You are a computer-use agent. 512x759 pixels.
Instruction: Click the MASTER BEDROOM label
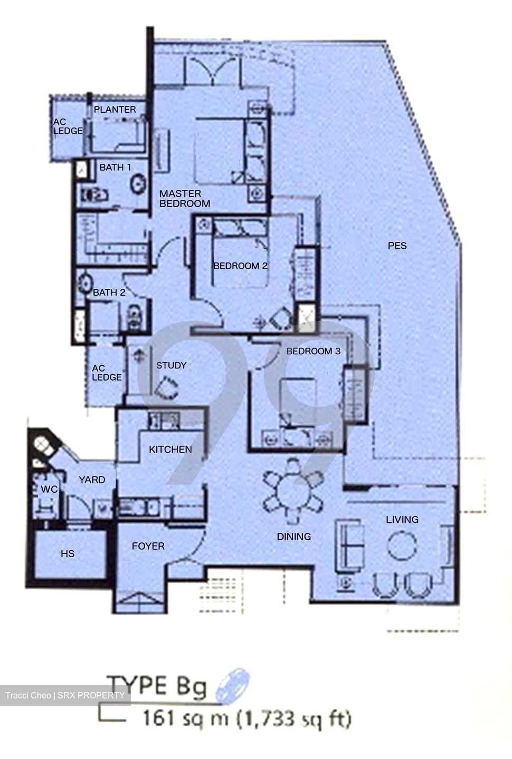[185, 199]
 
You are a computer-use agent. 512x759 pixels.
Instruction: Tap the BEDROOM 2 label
[240, 266]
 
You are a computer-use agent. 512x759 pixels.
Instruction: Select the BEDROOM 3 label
[313, 351]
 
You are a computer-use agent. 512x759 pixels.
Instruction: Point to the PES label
[397, 246]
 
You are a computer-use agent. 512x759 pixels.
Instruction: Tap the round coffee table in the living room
[402, 545]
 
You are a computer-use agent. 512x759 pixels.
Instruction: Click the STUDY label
[172, 365]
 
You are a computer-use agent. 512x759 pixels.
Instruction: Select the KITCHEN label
[170, 449]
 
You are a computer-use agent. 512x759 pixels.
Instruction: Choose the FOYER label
[148, 546]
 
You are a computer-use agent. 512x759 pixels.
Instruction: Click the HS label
[67, 553]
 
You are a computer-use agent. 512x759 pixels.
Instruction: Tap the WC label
[49, 489]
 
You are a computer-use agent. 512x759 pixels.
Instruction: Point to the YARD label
[92, 480]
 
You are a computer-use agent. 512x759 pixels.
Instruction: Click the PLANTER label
[115, 110]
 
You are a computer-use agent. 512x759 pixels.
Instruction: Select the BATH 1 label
[115, 167]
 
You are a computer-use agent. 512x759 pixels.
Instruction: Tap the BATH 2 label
[109, 292]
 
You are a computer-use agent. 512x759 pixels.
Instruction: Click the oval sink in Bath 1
[138, 183]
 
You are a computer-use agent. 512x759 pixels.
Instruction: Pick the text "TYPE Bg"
[157, 686]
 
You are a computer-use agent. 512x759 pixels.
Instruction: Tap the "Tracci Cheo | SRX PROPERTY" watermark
[65, 695]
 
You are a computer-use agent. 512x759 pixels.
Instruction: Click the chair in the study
[166, 387]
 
